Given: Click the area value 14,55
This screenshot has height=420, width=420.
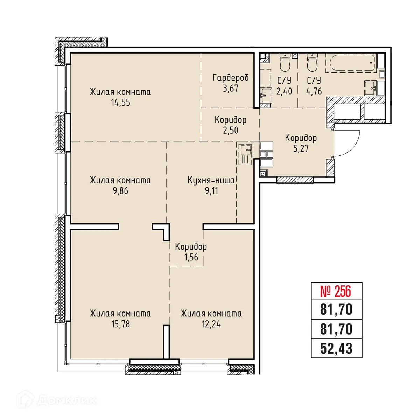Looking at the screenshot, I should (120, 103).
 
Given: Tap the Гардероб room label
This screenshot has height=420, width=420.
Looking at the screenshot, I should (230, 78).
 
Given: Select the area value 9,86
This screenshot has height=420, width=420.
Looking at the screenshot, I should (120, 191).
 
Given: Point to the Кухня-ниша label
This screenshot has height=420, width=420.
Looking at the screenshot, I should (211, 181).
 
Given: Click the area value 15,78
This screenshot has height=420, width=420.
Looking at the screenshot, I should (120, 324).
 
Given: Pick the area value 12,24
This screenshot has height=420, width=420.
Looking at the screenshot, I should (211, 324).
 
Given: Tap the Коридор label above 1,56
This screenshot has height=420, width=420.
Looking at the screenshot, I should (191, 247).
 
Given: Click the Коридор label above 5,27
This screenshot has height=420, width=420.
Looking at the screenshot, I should (301, 138).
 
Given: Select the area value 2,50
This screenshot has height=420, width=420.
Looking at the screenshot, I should (230, 131).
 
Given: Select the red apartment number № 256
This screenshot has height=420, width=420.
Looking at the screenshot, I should (336, 291).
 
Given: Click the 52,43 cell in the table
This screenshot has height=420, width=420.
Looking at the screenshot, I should (336, 349).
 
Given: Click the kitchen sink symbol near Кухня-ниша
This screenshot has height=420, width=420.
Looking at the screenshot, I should (245, 153).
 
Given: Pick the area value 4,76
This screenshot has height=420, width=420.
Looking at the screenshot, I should (314, 92).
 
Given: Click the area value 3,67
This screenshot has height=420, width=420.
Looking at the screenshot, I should (230, 88).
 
